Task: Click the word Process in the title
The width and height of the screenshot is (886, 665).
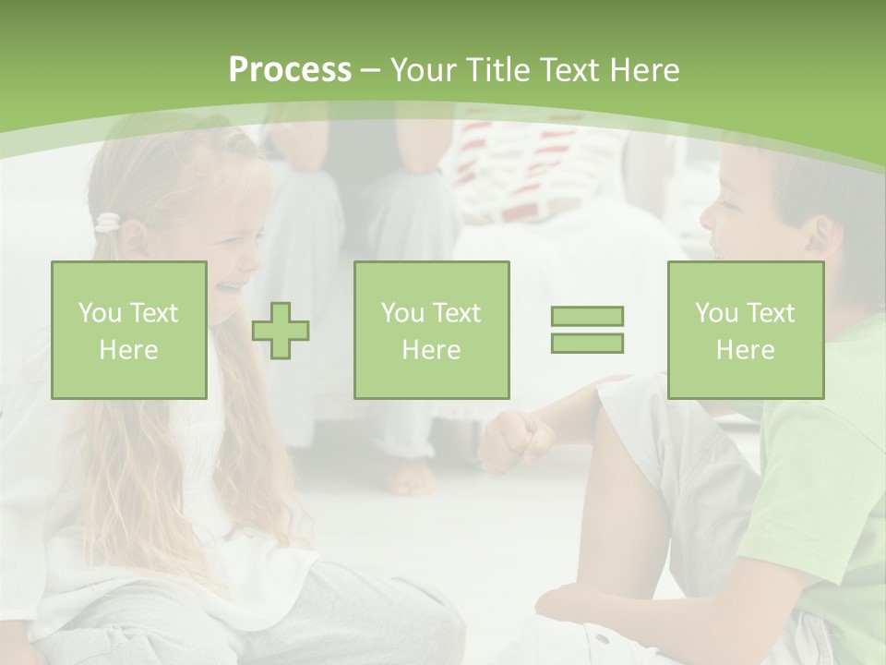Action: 290,70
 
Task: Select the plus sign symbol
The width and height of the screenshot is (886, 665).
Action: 281,330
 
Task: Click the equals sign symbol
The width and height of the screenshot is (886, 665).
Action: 587,330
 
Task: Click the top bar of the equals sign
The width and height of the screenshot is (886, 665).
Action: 587,317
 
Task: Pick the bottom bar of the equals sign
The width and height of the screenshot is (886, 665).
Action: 587,343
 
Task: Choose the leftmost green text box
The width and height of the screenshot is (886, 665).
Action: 129,330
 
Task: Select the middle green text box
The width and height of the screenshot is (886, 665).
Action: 431,330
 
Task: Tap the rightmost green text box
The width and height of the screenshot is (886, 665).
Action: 746,330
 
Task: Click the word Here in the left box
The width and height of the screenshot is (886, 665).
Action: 129,350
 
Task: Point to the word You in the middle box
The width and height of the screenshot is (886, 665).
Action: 402,313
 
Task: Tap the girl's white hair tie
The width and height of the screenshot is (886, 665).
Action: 108,223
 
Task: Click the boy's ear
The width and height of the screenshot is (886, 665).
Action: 819,238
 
